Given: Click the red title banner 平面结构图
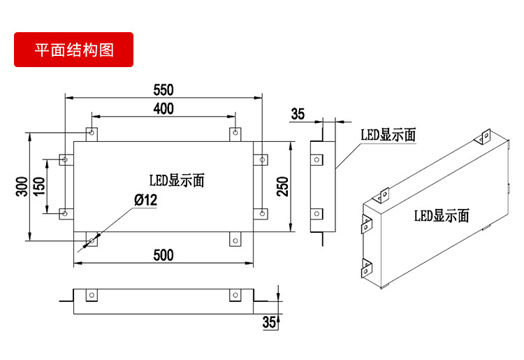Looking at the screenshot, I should click(x=73, y=50).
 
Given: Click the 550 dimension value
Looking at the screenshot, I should click(x=163, y=90).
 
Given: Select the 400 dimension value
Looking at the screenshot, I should click(x=163, y=108).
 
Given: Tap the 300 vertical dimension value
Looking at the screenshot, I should click(x=22, y=186).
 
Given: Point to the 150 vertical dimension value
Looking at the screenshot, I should click(x=40, y=186).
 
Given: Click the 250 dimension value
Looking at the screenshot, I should click(x=282, y=187).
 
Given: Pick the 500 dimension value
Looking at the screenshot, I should click(x=163, y=255).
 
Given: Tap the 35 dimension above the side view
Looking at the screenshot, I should click(x=298, y=115).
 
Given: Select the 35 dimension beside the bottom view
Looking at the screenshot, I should click(x=268, y=322).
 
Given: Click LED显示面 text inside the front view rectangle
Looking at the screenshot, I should click(x=176, y=180).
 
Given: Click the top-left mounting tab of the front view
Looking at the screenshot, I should click(x=91, y=133).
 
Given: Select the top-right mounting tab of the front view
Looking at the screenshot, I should click(x=235, y=133).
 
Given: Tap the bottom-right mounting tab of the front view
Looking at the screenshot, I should click(x=235, y=240).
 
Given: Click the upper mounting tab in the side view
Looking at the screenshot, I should click(x=316, y=159).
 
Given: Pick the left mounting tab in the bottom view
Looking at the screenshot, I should click(x=91, y=296).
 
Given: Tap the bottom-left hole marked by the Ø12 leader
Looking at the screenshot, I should click(x=91, y=241).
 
